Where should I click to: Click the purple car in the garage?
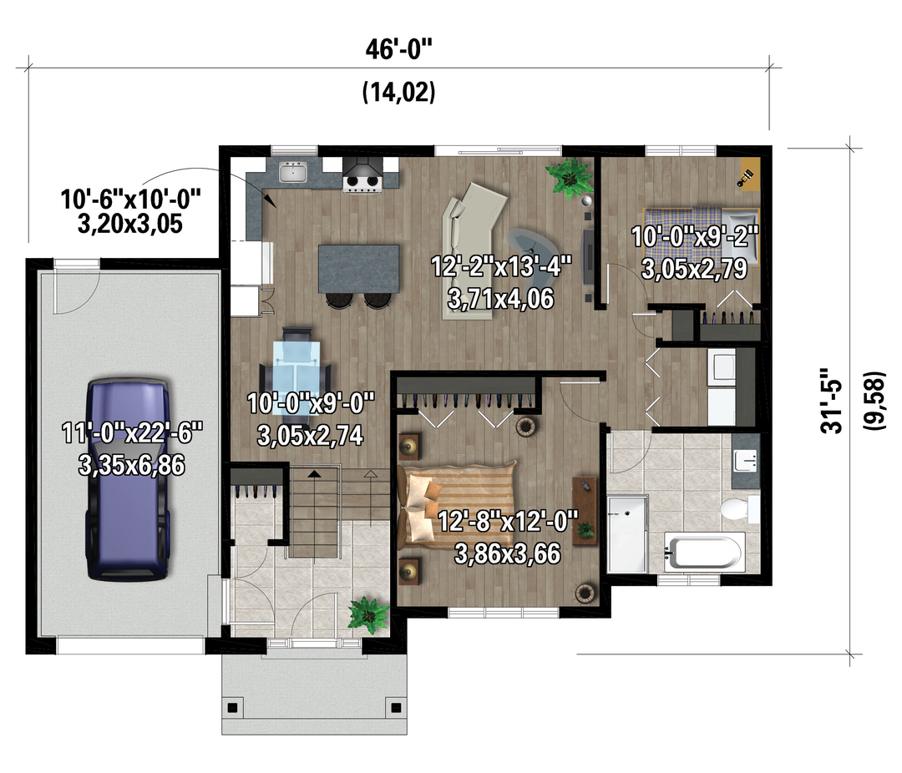128,479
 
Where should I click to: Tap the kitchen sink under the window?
293,172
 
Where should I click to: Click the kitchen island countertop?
359,269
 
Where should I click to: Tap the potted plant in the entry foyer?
368,614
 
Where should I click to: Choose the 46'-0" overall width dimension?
398,50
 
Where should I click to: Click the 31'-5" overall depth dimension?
832,401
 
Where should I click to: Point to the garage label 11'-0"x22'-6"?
132,433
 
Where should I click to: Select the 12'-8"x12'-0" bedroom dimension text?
508,523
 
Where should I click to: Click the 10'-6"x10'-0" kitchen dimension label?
130,200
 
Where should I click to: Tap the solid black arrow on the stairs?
313,474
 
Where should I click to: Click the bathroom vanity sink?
746,460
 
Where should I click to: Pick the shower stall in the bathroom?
627,533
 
